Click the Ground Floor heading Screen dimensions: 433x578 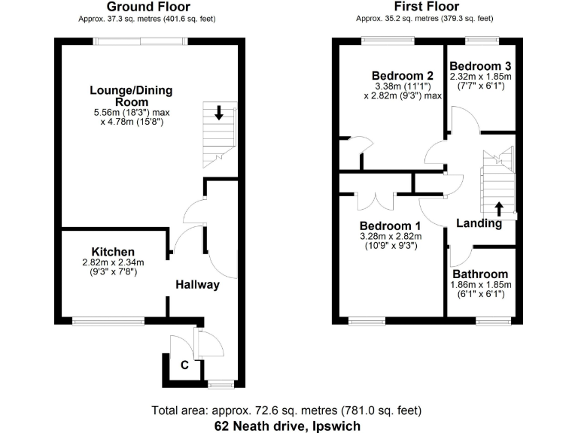146,7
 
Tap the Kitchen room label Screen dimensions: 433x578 113,251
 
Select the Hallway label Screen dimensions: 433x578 197,284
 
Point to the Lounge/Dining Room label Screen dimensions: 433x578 131,95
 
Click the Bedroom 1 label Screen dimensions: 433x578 390,226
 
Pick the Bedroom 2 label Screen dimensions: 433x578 403,75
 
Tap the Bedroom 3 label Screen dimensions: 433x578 481,66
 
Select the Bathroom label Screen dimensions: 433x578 480,274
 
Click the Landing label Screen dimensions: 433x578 479,223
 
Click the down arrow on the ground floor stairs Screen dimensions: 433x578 219,114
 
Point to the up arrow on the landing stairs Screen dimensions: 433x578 498,207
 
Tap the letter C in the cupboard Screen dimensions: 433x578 183,366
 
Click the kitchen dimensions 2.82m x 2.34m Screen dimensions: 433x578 113,262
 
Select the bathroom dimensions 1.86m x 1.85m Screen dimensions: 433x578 480,285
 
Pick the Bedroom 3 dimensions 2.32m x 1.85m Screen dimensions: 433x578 481,77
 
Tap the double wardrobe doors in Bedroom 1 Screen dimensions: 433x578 374,201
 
